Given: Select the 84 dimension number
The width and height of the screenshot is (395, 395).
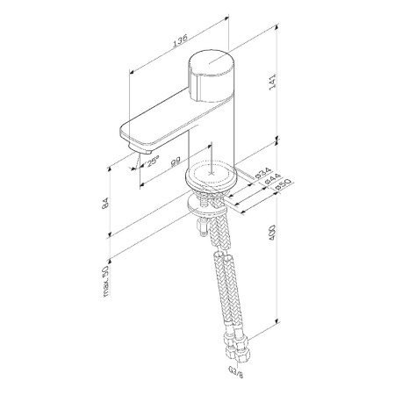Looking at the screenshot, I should click(106, 203).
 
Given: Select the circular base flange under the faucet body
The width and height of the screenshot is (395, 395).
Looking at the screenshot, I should click(211, 177).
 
